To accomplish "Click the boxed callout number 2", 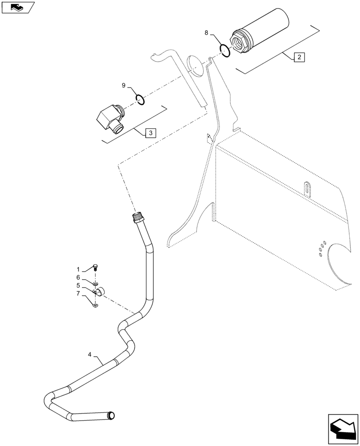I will (x=299, y=57).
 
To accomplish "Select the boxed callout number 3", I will (x=150, y=132).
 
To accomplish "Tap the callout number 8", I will (x=206, y=33).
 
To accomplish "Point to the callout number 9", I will (x=123, y=85).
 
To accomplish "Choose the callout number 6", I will (x=78, y=277).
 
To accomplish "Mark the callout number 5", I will (x=78, y=285).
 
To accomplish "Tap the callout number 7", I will (x=78, y=293).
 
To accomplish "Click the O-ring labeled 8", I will (x=225, y=50).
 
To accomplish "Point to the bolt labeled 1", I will (x=96, y=267).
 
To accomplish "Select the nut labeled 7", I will (x=95, y=306).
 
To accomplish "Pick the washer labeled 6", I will (x=95, y=283).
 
